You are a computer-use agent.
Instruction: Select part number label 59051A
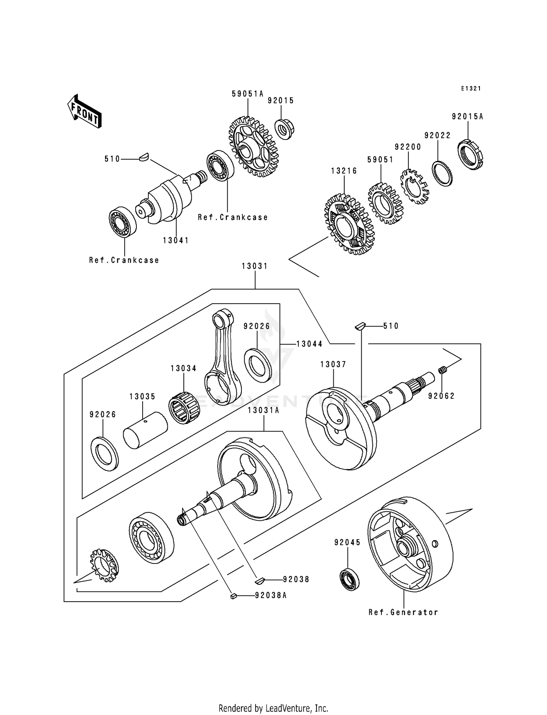coord(247,94)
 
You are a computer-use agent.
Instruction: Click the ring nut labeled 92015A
coord(470,155)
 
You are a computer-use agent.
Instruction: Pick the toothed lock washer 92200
coord(415,186)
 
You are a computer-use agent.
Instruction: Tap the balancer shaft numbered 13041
coord(168,199)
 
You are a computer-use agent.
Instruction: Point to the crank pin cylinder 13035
coord(145,430)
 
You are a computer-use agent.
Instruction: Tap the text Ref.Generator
coord(403,612)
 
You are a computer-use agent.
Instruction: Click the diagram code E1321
coord(471,89)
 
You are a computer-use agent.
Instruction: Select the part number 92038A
coord(271,595)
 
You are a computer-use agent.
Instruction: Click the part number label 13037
coord(333,364)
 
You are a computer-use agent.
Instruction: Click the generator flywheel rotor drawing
coord(410,543)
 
